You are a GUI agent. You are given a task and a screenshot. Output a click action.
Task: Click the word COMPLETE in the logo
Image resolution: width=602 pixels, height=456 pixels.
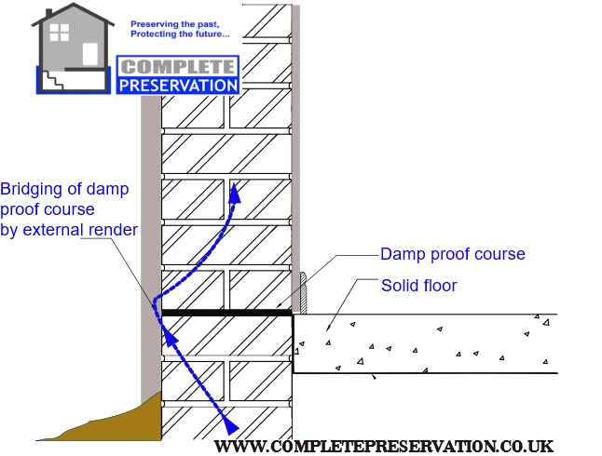click(x=178, y=68)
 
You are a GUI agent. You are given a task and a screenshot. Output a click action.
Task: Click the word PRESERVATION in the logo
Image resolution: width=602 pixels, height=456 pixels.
click(x=178, y=85)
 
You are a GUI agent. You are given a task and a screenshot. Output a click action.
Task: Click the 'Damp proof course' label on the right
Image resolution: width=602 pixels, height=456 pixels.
click(x=452, y=254)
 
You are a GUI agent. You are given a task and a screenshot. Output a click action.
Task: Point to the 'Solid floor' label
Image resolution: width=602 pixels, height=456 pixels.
click(x=418, y=286)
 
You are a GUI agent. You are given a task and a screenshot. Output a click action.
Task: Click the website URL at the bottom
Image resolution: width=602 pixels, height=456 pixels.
click(x=390, y=446)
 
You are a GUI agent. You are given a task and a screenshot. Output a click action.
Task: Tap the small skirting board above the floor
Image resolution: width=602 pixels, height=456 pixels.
click(x=303, y=290)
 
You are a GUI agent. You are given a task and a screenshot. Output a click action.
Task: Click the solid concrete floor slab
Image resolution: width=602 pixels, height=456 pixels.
click(x=429, y=344)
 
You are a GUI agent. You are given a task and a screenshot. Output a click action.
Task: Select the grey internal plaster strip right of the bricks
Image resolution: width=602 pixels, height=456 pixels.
click(x=295, y=140)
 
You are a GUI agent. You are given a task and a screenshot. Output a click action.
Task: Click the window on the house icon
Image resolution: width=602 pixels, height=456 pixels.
click(x=60, y=33)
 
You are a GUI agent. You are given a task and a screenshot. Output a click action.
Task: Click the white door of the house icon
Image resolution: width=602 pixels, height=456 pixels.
click(x=89, y=54)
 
